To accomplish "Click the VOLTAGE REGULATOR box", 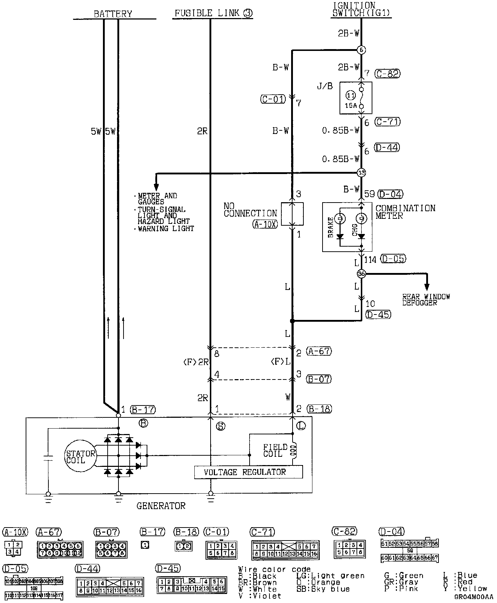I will click(x=248, y=472).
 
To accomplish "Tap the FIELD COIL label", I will click(x=275, y=450).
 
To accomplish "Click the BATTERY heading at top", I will click(x=113, y=14).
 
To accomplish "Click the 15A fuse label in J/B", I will click(x=350, y=105).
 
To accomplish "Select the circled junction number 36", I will click(x=361, y=274).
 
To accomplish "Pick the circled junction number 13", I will click(x=361, y=173).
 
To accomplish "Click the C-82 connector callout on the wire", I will click(x=388, y=74).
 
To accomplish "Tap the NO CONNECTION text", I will click(x=250, y=210).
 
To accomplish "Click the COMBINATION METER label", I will click(x=405, y=212).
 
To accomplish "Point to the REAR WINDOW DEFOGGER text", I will click(x=426, y=300).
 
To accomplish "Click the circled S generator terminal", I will click(x=220, y=426).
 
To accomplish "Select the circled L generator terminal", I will click(x=301, y=426).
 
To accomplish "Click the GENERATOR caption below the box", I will click(x=161, y=506).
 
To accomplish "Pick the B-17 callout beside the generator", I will click(x=143, y=409).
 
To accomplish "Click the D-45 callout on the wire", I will click(x=378, y=314).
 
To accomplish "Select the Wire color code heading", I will click(x=274, y=570).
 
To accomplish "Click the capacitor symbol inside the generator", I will click(x=48, y=459).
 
